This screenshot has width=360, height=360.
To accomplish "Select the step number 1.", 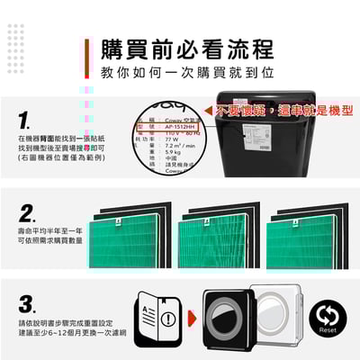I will coord(25,120).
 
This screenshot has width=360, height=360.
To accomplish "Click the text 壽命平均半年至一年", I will coord(49,231).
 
